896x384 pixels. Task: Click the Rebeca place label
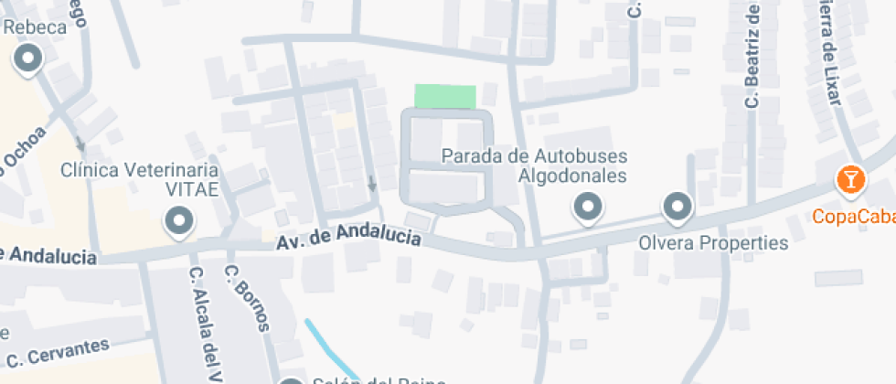pyautogui.click(x=36, y=27)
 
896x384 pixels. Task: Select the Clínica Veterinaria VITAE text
pyautogui.click(x=139, y=179)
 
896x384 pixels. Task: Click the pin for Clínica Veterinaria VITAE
pyautogui.click(x=177, y=219)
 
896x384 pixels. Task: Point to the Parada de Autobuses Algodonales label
pyautogui.click(x=534, y=165)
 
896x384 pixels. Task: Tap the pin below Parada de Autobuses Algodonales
pyautogui.click(x=587, y=207)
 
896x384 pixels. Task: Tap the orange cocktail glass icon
pyautogui.click(x=850, y=179)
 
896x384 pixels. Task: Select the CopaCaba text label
pyautogui.click(x=856, y=218)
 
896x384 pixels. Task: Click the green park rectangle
pyautogui.click(x=445, y=96)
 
